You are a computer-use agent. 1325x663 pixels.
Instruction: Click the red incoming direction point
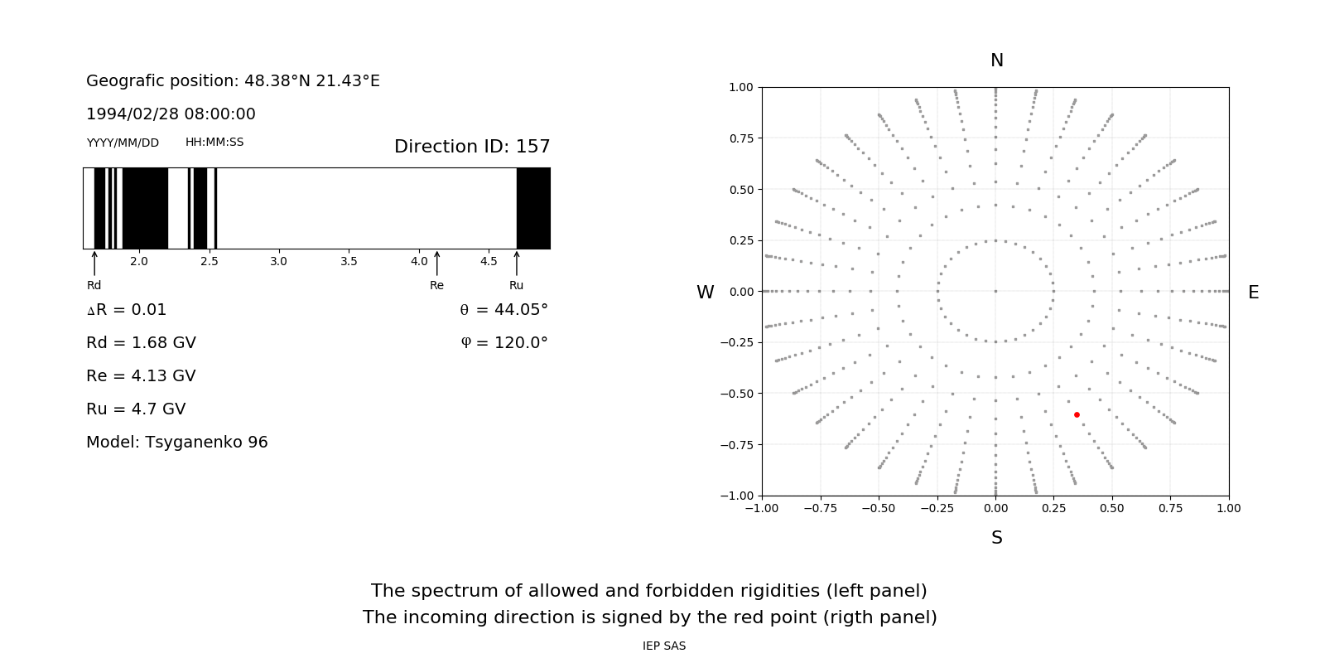pos(1077,414)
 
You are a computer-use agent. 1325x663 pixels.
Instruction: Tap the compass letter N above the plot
pos(997,60)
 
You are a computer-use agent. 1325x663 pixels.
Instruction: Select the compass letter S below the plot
pos(997,538)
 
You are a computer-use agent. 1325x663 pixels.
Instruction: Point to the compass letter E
pos(1253,293)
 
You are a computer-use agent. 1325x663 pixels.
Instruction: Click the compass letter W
pos(706,293)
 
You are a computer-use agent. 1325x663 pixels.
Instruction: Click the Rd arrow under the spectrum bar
pos(94,264)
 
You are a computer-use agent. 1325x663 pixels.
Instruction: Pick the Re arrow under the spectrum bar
pos(436,264)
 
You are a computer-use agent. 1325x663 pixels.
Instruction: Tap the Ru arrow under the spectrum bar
pos(517,264)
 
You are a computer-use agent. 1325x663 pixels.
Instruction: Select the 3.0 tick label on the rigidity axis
pos(278,261)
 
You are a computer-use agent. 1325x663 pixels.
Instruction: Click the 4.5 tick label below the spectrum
pos(489,261)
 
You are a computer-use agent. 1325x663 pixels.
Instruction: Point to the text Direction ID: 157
pos(472,147)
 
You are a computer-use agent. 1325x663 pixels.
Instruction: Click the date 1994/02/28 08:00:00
pos(171,114)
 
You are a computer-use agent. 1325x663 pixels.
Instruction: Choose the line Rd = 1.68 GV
pos(141,343)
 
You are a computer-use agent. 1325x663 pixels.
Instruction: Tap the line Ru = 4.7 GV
pos(136,409)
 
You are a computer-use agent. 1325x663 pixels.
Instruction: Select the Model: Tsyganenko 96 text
pos(177,443)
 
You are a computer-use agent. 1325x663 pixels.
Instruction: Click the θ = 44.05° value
pos(503,310)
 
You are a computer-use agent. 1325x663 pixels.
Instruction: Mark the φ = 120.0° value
pos(504,343)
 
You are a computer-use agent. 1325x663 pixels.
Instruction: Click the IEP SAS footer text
pos(664,646)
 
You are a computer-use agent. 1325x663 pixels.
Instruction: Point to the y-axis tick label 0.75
pos(740,138)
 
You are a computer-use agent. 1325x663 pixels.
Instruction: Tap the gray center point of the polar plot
pos(995,291)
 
